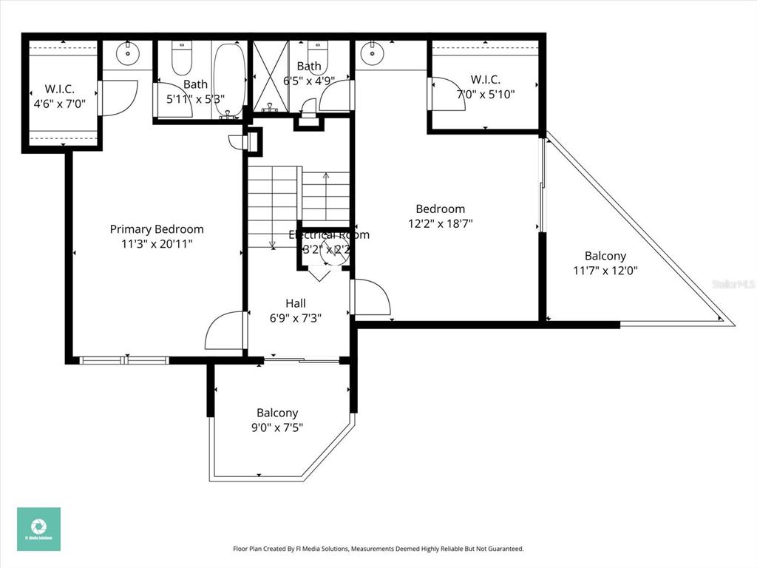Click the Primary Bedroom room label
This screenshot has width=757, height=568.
click(157, 229)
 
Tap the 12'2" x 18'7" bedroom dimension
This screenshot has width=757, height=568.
click(440, 223)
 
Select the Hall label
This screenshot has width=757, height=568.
click(296, 303)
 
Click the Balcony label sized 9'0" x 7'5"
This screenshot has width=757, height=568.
click(277, 413)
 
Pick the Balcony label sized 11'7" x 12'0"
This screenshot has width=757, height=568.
click(605, 256)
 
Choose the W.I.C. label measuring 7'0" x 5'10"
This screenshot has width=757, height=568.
click(485, 79)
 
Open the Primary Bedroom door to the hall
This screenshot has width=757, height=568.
click(225, 331)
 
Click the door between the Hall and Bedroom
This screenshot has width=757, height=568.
click(371, 297)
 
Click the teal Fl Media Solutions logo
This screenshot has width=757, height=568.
click(38, 529)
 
